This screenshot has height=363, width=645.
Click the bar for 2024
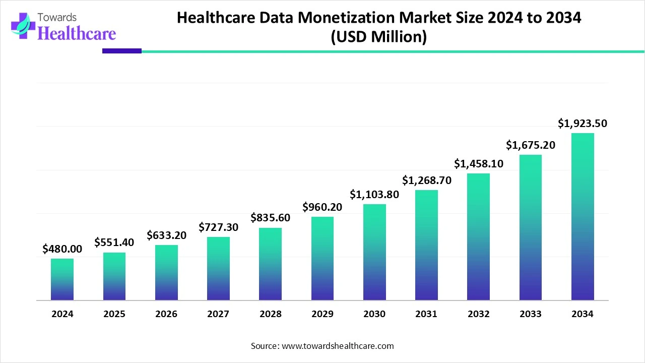click(62, 279)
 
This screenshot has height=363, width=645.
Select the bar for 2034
click(583, 217)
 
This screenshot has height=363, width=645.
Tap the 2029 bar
click(322, 259)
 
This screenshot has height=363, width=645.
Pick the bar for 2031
click(426, 245)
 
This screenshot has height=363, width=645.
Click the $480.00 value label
click(62, 249)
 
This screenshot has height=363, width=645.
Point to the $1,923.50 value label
click(583, 124)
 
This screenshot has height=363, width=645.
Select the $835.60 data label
click(271, 217)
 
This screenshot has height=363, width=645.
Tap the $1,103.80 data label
click(374, 195)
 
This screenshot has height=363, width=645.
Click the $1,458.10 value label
click(479, 164)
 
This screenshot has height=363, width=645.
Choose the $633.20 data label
click(166, 235)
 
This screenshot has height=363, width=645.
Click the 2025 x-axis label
click(114, 314)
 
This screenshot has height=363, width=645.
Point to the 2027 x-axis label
click(218, 314)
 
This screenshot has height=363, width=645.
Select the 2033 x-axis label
click(531, 314)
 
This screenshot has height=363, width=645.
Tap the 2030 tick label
click(374, 314)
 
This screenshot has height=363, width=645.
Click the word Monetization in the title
click(346, 18)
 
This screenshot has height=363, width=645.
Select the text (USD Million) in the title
click(378, 37)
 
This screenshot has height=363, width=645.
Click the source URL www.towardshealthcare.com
click(338, 346)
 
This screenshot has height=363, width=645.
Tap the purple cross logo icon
click(23, 26)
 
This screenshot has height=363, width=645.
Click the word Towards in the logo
click(57, 18)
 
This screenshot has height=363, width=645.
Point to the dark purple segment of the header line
click(122, 51)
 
